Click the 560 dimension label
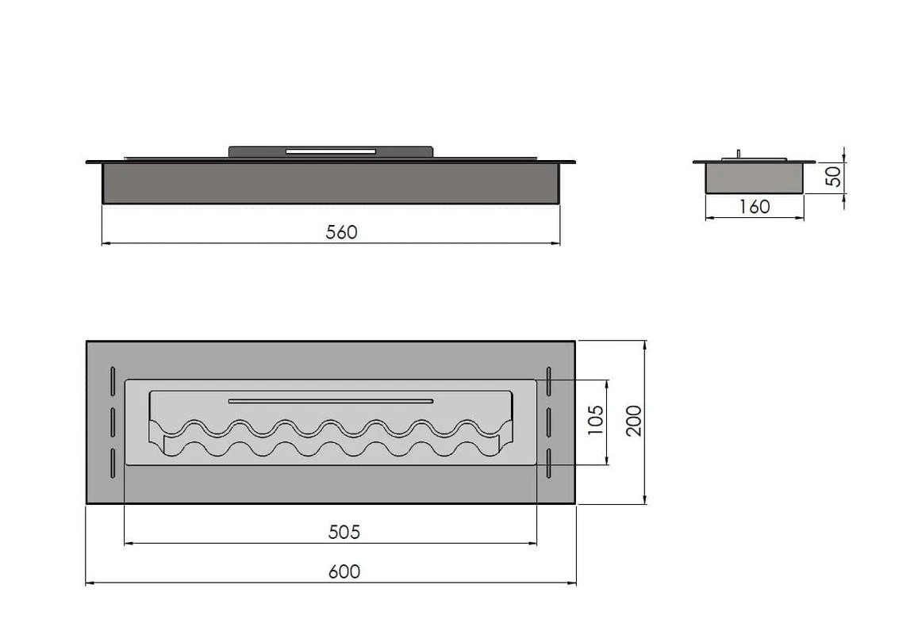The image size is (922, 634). (342, 232)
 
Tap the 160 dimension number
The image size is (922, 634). (755, 207)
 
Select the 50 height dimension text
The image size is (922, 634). (833, 176)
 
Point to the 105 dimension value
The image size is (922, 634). (596, 420)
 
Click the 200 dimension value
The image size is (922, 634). (634, 420)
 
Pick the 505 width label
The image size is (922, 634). (344, 533)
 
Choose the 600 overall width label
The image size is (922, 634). (344, 571)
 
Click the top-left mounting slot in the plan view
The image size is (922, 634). (113, 381)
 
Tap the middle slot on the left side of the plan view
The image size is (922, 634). (113, 422)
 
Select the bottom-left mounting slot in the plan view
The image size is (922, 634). (113, 464)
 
